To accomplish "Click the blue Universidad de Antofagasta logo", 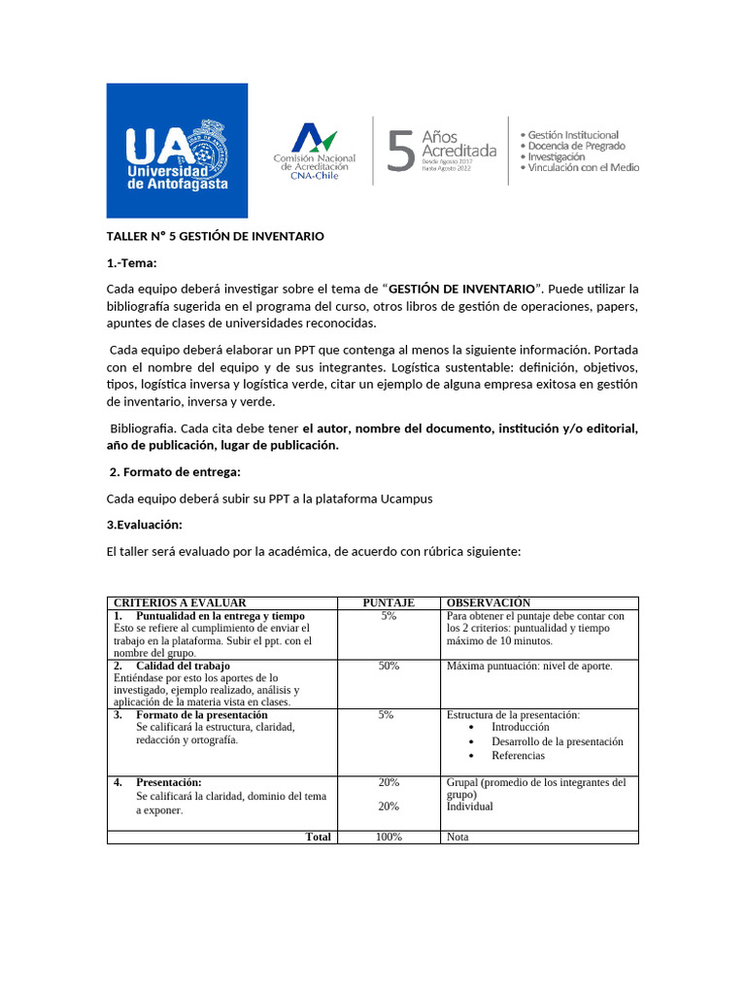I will click(x=176, y=150).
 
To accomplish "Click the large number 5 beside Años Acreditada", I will click(x=400, y=152).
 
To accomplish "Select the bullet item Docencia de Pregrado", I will click(x=576, y=146).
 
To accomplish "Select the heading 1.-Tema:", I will click(x=131, y=262).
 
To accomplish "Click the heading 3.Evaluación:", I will click(x=146, y=524).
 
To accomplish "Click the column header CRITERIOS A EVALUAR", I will click(x=180, y=602).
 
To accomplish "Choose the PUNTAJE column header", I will click(x=389, y=602).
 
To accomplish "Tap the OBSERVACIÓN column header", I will click(x=489, y=602).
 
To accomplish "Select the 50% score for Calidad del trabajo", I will click(x=389, y=666).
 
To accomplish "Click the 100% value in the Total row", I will click(x=389, y=837).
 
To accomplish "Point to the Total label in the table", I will click(x=318, y=837).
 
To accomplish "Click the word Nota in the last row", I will click(x=458, y=837).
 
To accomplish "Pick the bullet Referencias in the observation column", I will click(x=518, y=755).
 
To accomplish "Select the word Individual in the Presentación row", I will click(x=470, y=806).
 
